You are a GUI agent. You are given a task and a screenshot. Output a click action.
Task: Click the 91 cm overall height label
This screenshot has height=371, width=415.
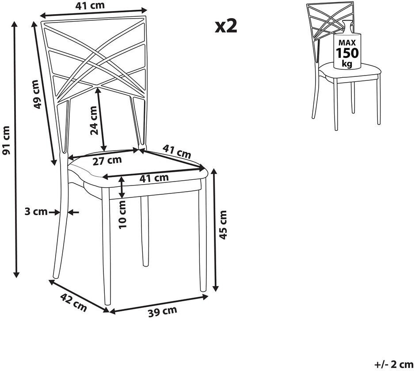pos(6,140)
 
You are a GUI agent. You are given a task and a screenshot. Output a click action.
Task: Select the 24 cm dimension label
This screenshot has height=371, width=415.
pos(94,121)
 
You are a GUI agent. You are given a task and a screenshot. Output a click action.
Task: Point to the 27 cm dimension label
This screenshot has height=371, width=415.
pos(107,160)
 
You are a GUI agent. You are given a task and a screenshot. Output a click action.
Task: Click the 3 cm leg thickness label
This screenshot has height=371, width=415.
pos(36,212)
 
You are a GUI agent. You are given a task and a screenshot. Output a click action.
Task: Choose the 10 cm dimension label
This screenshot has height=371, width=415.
pos(123,215)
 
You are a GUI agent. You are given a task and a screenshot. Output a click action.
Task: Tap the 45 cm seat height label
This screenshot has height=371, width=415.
pos(223,225)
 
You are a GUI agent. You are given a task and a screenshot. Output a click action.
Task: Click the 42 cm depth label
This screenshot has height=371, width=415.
pos(73,302)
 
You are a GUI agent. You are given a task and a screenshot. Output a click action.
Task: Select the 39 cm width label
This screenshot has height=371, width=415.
pos(162,311)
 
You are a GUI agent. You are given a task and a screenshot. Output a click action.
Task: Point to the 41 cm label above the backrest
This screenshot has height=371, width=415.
pos(90,5)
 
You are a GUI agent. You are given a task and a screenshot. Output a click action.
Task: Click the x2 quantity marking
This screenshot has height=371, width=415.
pos(226,26)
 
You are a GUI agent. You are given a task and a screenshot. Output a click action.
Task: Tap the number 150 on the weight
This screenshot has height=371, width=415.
pos(347,53)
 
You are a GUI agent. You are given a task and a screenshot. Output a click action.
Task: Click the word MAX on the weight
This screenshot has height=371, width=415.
pos(347,42)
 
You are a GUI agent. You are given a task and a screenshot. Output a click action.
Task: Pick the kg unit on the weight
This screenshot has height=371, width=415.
pos(347,64)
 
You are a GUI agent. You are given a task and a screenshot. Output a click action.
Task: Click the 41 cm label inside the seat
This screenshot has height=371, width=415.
pos(154,178)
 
